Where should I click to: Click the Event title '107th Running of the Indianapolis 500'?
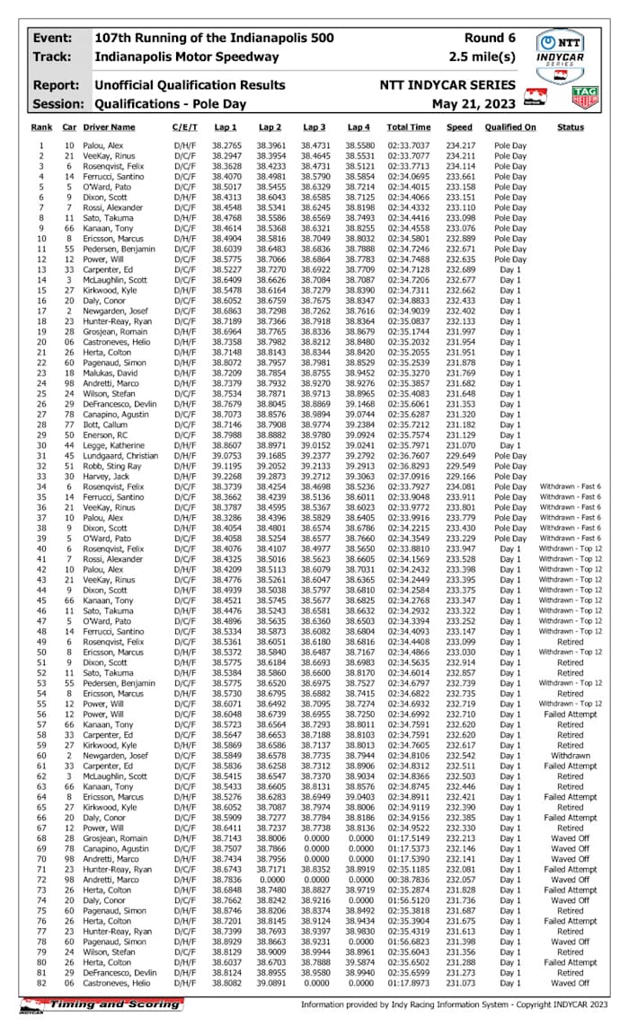click(210, 39)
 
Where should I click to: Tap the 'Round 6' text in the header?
click(490, 39)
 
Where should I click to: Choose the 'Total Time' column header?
click(409, 127)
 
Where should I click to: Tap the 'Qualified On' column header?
click(509, 127)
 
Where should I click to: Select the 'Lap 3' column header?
click(314, 127)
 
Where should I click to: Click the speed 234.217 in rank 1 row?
click(460, 145)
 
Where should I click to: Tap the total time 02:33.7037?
click(409, 145)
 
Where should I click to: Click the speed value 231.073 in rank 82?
click(460, 983)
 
